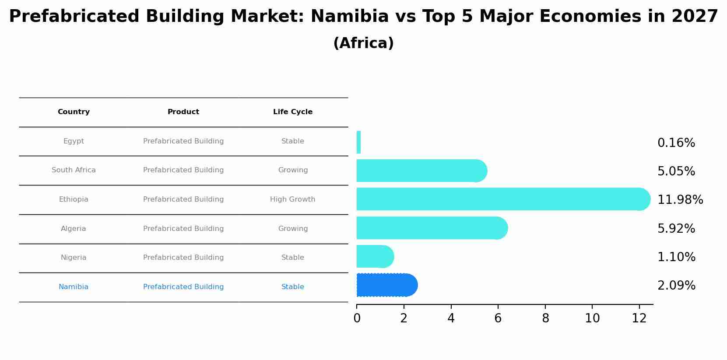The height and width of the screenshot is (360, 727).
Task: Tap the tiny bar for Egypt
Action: click(358, 142)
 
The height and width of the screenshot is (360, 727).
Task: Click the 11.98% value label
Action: click(680, 200)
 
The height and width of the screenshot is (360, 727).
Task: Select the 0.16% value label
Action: click(676, 143)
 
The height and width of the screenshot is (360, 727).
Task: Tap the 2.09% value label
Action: click(676, 286)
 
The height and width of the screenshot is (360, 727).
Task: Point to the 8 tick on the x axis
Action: click(545, 318)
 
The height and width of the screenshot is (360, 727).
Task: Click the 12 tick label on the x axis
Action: click(639, 318)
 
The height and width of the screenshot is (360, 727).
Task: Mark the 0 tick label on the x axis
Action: click(357, 318)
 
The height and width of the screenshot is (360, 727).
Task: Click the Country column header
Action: click(74, 112)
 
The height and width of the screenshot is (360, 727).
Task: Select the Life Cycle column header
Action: click(293, 112)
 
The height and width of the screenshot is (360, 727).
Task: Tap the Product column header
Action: click(183, 112)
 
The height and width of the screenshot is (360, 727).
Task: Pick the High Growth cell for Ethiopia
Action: click(292, 199)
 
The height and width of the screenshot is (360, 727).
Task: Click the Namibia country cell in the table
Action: click(74, 287)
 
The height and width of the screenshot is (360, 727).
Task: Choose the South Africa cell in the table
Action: click(74, 170)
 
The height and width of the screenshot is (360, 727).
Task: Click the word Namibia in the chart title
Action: click(349, 17)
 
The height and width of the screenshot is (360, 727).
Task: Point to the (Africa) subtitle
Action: click(363, 43)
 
